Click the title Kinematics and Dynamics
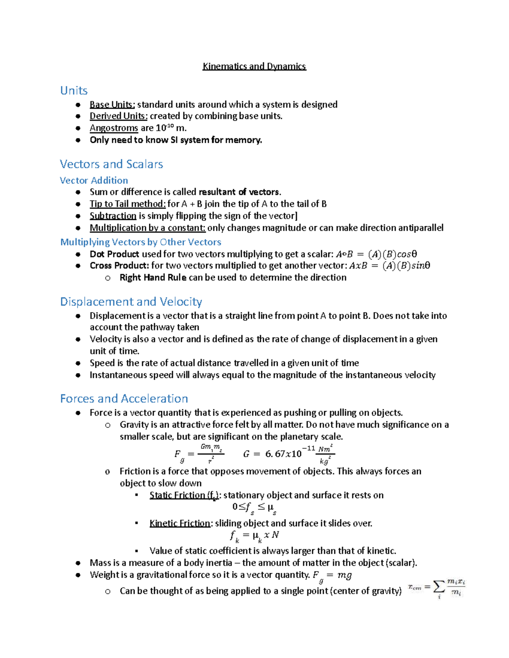(x=254, y=66)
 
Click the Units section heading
(x=74, y=91)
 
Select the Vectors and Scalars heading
(x=111, y=164)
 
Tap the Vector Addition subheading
(x=94, y=180)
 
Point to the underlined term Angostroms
(x=114, y=128)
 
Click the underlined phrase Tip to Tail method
(x=127, y=204)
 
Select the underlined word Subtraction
(x=113, y=216)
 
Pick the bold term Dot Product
(x=114, y=254)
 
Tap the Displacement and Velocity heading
(x=131, y=302)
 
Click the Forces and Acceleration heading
(x=124, y=399)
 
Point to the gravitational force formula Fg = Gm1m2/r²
(x=199, y=454)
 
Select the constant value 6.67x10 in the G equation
(x=283, y=454)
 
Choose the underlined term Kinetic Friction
(x=180, y=523)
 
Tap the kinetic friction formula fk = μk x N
(x=254, y=536)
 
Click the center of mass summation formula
(x=436, y=588)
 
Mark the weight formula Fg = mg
(x=332, y=575)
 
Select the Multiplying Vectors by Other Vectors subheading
(x=140, y=242)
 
